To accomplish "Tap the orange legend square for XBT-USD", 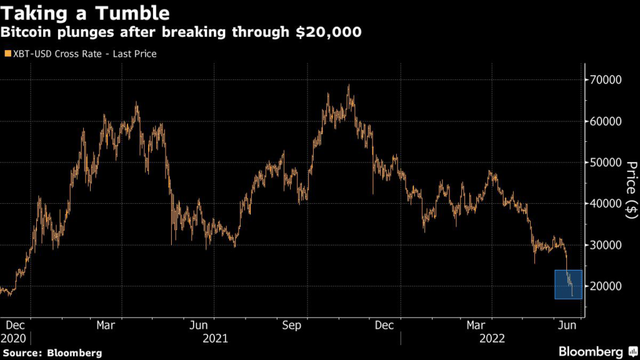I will tap(7, 54).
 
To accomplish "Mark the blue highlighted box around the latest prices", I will tap(568, 284).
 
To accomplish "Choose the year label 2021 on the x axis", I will tap(214, 338).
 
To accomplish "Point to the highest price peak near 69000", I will tap(349, 86).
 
